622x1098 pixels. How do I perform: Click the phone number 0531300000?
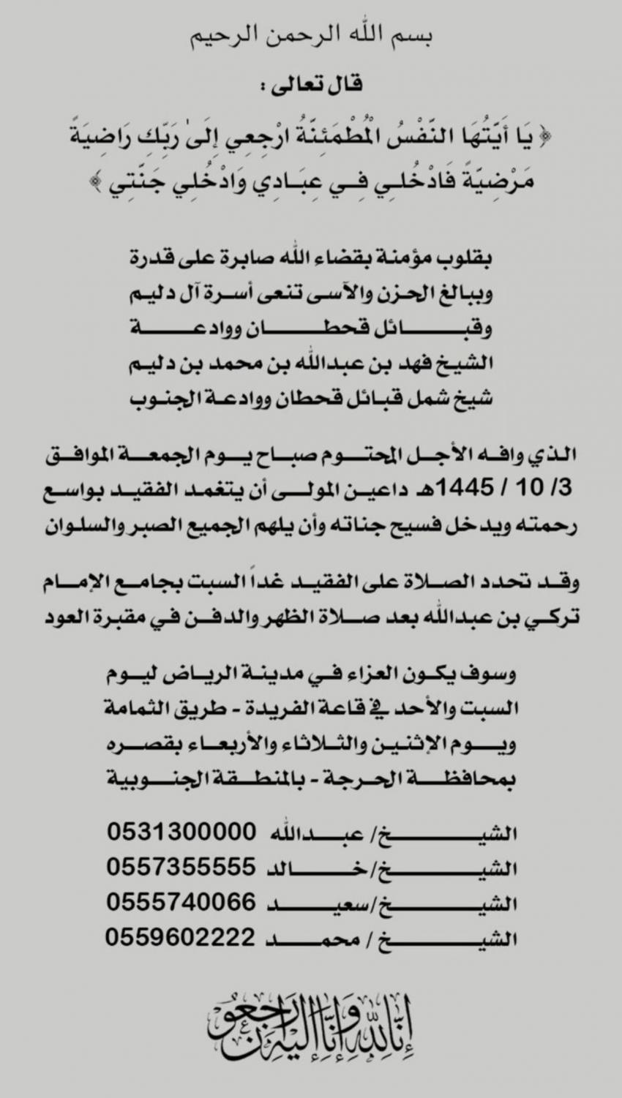click(x=181, y=832)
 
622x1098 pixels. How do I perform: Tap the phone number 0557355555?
click(x=181, y=868)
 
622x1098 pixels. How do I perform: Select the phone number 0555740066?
click(x=181, y=903)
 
